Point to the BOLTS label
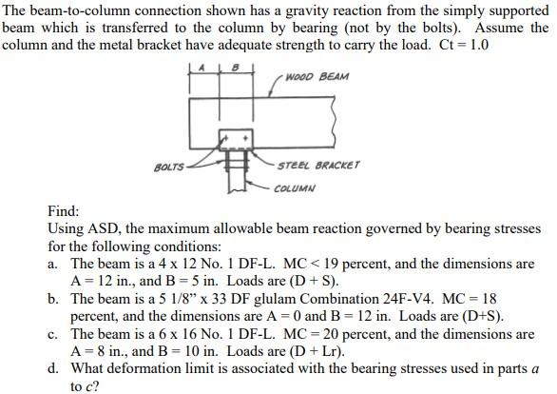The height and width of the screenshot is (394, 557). coord(168,170)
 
